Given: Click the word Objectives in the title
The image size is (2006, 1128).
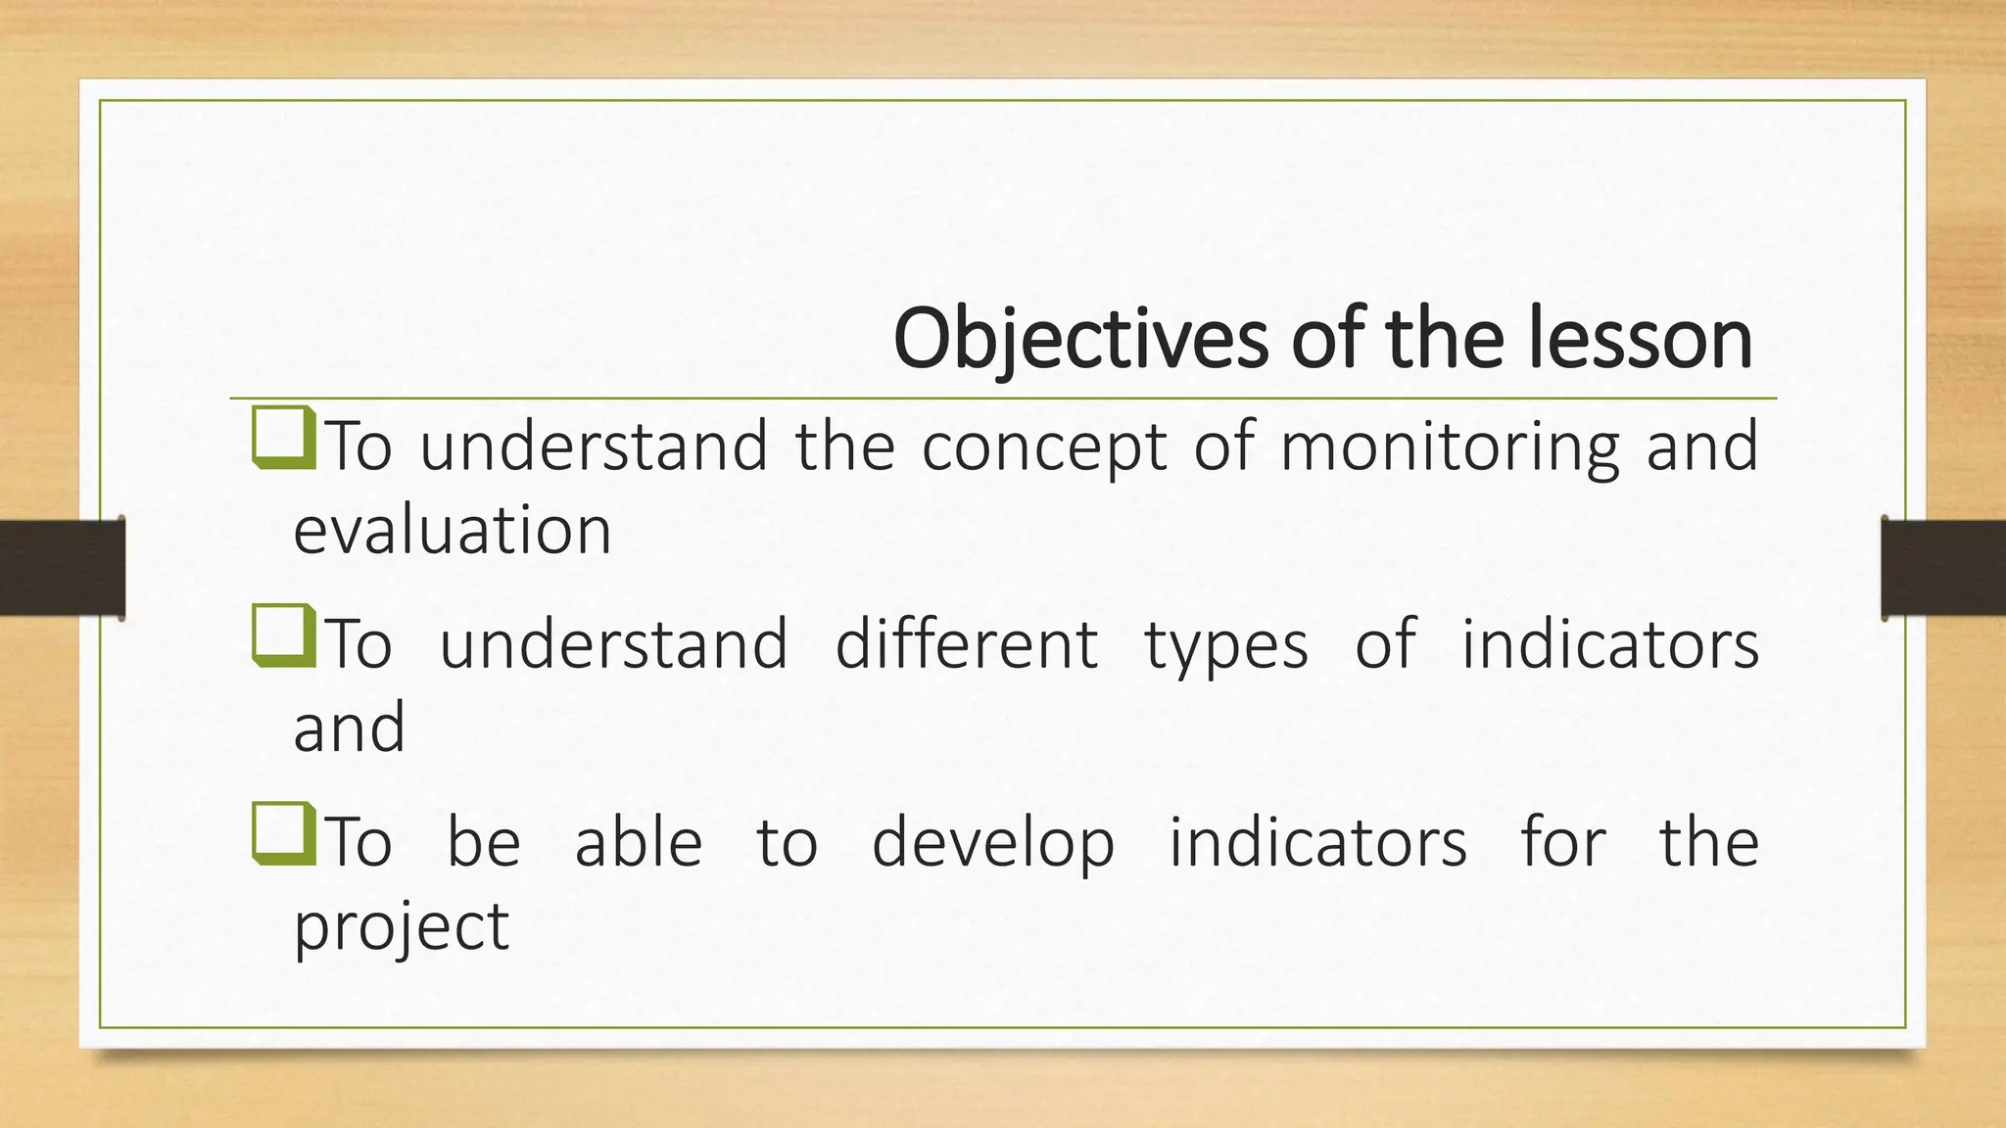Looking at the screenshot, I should [1080, 340].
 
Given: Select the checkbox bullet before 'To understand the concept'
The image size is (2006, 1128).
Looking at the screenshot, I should [283, 438].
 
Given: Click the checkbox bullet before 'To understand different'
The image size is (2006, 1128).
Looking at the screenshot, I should [283, 635].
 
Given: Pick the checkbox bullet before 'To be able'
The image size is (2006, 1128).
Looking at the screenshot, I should [283, 834].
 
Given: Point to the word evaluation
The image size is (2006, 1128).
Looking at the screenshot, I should [453, 530].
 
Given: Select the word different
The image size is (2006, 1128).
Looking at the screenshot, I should [966, 644].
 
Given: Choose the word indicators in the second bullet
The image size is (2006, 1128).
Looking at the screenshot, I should [1609, 644].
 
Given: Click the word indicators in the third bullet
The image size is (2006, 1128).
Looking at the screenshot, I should [1317, 843].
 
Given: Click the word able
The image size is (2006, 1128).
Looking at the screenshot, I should [638, 843].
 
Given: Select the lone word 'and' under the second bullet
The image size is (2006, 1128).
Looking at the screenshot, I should [349, 728].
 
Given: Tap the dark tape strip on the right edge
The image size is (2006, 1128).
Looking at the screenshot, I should [1943, 568].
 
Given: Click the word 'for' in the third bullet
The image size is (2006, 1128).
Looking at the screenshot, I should [1562, 843].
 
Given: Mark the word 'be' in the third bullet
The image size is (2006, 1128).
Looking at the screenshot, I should [483, 843].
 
